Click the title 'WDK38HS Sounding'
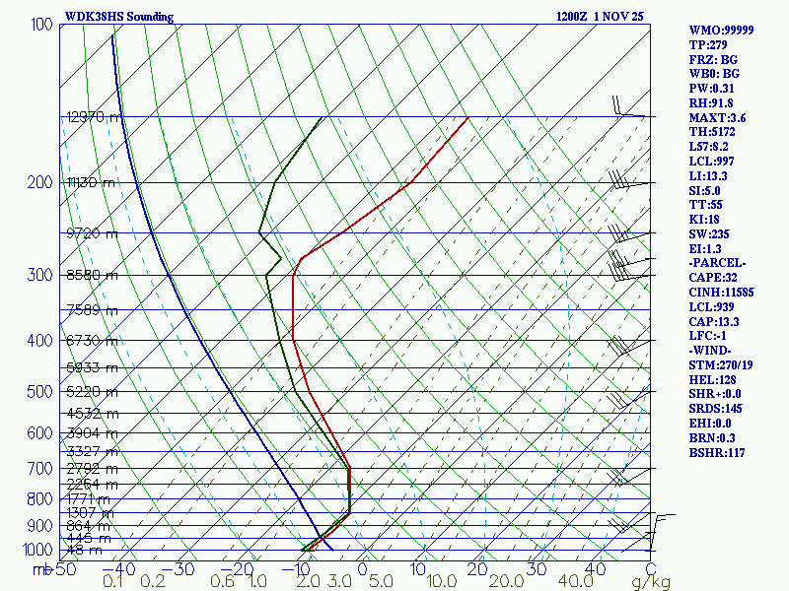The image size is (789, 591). [118, 17]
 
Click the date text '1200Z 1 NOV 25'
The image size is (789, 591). [601, 17]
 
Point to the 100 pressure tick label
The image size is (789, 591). [41, 24]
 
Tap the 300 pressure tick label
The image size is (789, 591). [41, 275]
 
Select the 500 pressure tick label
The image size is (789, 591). [41, 392]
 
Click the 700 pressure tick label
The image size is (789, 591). [41, 469]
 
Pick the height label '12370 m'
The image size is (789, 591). [95, 117]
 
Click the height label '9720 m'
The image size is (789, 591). [91, 233]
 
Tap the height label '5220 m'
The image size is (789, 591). [91, 392]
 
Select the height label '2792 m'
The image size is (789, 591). [91, 469]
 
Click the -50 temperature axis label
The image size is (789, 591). [63, 569]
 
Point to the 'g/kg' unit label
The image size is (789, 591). [651, 582]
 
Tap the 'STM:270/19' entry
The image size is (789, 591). [723, 364]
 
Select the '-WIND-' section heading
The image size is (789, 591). [713, 350]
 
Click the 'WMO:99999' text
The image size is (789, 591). [722, 31]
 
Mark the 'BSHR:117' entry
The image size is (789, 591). [717, 452]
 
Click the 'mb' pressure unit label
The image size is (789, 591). [40, 569]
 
